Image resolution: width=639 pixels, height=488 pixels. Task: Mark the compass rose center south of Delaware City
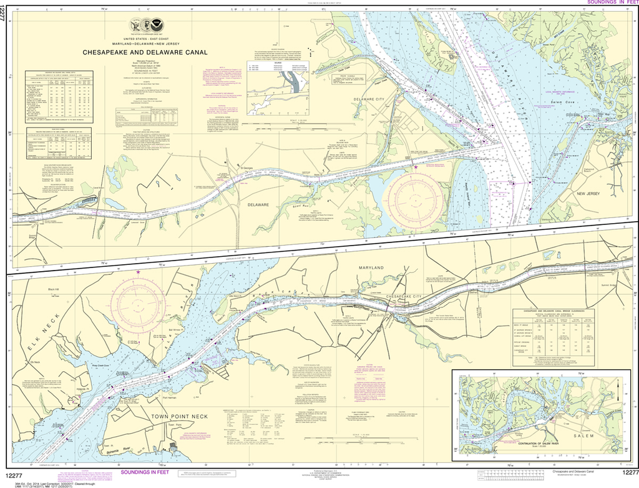coord(416,196)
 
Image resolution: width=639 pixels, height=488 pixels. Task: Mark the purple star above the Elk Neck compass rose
coord(137,271)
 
